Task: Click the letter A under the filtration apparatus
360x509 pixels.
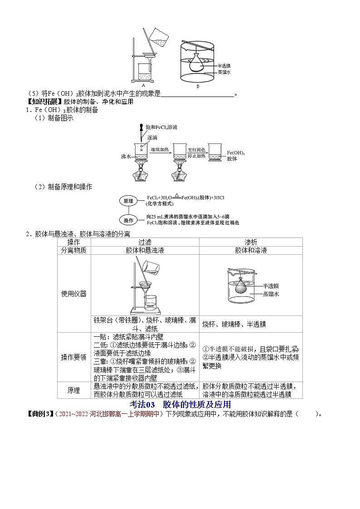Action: [143, 85]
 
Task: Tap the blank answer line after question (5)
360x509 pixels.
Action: [198, 94]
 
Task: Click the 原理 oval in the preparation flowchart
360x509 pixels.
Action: [128, 200]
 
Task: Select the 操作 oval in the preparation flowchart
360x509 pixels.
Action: [128, 220]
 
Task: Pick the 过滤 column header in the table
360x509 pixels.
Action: [145, 242]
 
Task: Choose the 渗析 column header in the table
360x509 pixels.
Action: [251, 242]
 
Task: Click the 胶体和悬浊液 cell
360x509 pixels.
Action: [145, 250]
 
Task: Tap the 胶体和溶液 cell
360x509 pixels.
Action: [251, 250]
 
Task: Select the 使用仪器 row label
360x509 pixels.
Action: [74, 293]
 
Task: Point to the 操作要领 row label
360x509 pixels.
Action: [74, 357]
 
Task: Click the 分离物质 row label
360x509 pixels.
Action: [74, 250]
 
